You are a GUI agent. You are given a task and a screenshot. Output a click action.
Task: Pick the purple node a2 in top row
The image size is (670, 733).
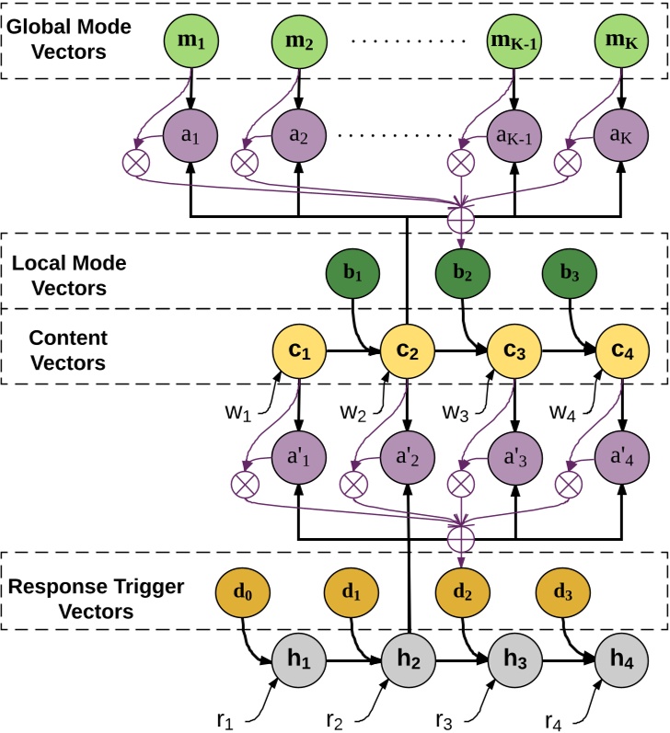pos(298,135)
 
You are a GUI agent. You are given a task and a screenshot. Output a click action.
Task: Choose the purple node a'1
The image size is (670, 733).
pos(298,453)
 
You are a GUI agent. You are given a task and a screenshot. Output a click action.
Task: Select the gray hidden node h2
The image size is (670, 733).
pos(406,662)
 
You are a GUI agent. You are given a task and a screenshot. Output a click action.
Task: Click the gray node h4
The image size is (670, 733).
pos(622,662)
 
